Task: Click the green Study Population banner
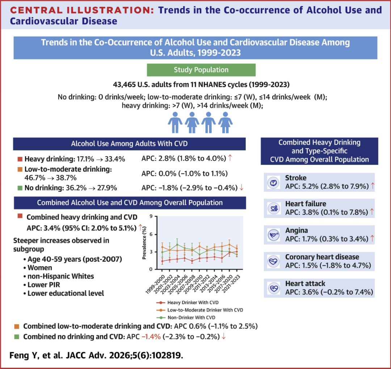coord(201,70)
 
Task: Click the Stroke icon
coord(274,182)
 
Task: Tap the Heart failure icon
coord(274,208)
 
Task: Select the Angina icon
coord(274,235)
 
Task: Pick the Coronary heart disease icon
coord(274,261)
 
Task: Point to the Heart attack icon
coord(274,288)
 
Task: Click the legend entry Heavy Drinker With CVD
coord(188,303)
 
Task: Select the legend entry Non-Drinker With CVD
coord(186,318)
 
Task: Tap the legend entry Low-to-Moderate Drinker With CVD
coord(200,310)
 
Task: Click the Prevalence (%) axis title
coord(144,243)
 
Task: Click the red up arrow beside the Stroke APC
coord(373,186)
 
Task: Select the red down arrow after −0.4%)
coord(241,187)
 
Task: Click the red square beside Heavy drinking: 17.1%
coord(20,159)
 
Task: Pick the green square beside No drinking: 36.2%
coord(20,188)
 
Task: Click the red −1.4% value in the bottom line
coord(151,336)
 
